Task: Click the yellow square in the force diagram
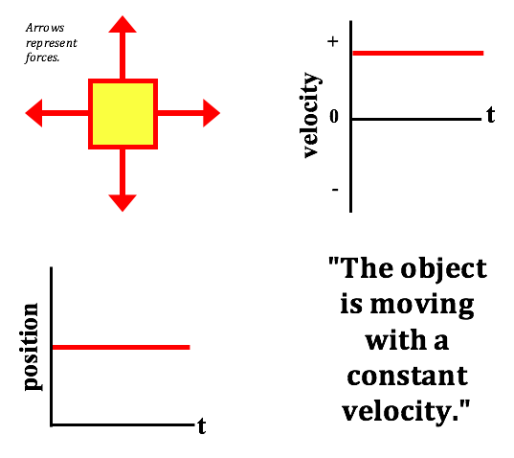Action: tap(123, 114)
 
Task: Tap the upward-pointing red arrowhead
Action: tap(123, 24)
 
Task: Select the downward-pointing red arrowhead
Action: tap(123, 203)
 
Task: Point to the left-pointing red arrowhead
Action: tap(34, 113)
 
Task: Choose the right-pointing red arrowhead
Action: tap(212, 113)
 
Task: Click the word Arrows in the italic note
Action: tap(45, 28)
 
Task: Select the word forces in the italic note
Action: tap(42, 57)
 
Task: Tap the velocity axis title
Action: tap(311, 115)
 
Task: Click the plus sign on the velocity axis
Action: tap(333, 41)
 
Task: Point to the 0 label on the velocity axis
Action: tap(334, 117)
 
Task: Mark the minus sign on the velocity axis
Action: tap(335, 190)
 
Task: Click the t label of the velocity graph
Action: tap(490, 115)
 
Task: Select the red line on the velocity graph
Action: tap(418, 53)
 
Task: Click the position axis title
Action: tap(32, 347)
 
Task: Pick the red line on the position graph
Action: tap(122, 347)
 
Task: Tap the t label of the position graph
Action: tap(202, 425)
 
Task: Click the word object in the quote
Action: tap(444, 269)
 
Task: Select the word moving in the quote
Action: tap(422, 306)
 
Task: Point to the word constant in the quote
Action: tap(407, 376)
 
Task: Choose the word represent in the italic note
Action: tap(52, 43)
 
